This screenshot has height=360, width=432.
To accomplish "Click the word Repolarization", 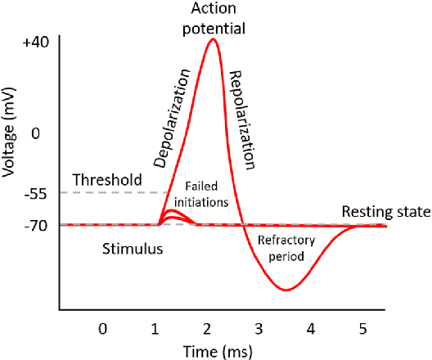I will point(243,119).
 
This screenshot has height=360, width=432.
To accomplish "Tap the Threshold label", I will point(107,179).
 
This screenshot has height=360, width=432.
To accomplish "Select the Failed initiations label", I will point(205,193).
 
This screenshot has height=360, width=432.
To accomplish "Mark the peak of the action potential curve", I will point(213,38).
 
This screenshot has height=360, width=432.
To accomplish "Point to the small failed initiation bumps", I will point(173,216).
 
